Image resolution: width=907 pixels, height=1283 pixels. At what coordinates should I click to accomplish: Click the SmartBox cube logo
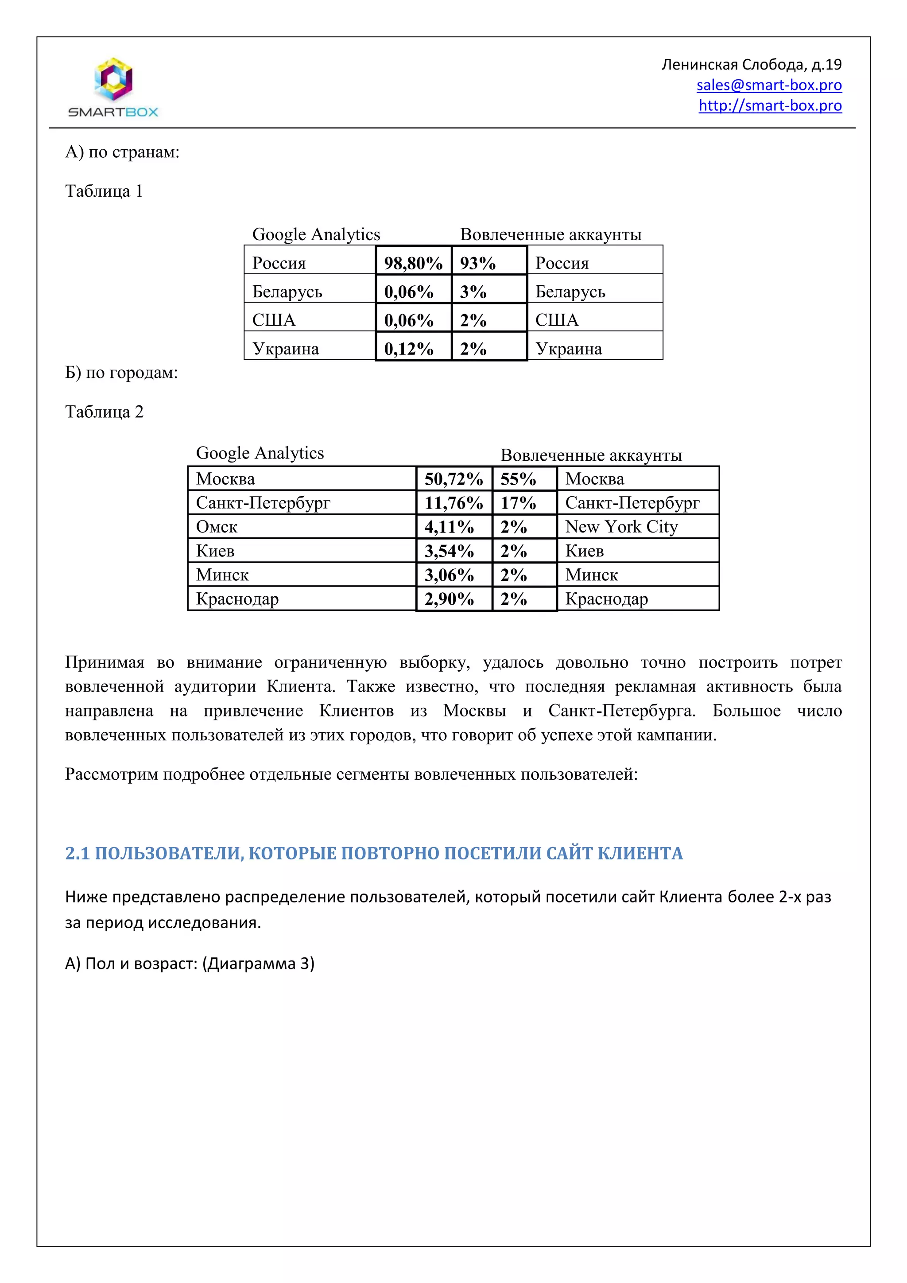tap(113, 79)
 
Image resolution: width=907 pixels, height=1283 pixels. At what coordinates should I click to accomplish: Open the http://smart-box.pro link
tap(770, 105)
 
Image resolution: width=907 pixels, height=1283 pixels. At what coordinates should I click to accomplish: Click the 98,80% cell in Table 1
tap(413, 263)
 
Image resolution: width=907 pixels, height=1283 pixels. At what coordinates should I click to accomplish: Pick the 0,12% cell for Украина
tap(413, 349)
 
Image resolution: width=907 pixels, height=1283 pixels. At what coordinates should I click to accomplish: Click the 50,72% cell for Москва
tap(453, 479)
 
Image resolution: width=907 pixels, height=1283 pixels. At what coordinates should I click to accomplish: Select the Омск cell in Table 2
tap(302, 526)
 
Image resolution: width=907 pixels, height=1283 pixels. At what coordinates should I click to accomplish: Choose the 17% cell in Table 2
tap(524, 503)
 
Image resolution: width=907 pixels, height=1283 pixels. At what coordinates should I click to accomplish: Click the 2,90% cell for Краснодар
tap(453, 599)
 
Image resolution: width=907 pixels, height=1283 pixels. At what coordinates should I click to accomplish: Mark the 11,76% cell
tap(453, 503)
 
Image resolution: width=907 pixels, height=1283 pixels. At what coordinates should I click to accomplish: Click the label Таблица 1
tap(104, 191)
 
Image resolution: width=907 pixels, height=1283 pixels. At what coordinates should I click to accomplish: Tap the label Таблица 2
tap(104, 412)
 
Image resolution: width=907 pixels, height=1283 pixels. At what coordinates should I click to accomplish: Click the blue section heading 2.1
tap(374, 853)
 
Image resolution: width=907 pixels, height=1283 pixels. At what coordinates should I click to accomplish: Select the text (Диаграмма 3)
tap(258, 964)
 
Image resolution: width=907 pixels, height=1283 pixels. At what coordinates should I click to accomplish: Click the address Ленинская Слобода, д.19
tap(751, 65)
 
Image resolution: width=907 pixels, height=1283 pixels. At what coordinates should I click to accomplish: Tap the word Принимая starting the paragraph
tap(105, 662)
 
